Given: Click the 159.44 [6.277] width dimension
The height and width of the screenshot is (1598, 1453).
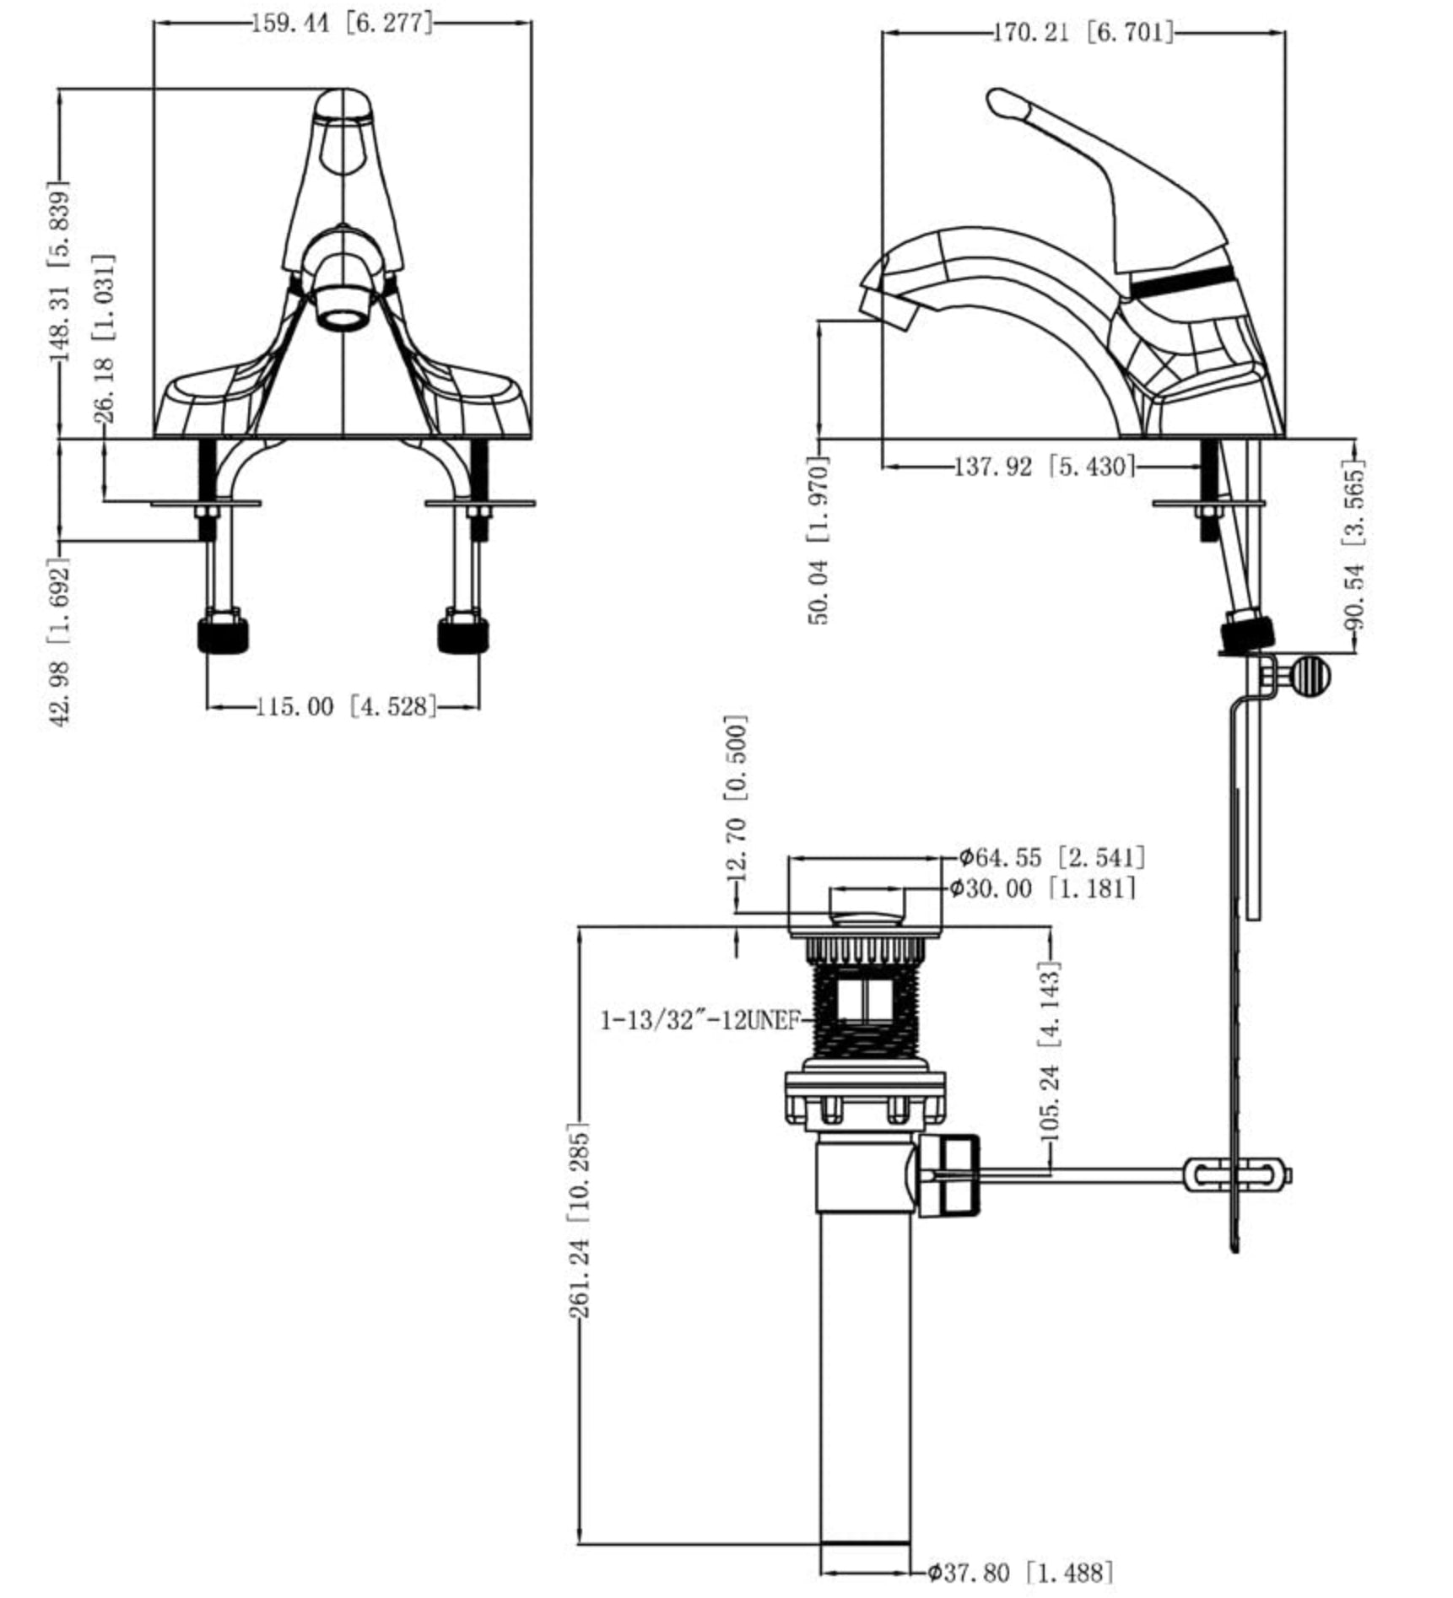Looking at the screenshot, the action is pyautogui.click(x=343, y=23).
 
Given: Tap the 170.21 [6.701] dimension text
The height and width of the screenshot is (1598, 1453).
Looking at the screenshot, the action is pyautogui.click(x=1083, y=33).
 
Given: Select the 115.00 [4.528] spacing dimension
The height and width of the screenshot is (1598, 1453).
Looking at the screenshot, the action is pyautogui.click(x=347, y=705).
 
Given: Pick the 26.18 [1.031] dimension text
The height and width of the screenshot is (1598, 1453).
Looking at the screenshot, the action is pyautogui.click(x=105, y=338).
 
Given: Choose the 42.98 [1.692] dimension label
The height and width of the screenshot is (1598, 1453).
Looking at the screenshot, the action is pyautogui.click(x=61, y=642).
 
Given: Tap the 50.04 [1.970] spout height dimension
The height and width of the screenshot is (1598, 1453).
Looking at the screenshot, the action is pyautogui.click(x=819, y=540).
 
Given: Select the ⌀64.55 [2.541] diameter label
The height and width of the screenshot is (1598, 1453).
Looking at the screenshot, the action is pyautogui.click(x=1053, y=858).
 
